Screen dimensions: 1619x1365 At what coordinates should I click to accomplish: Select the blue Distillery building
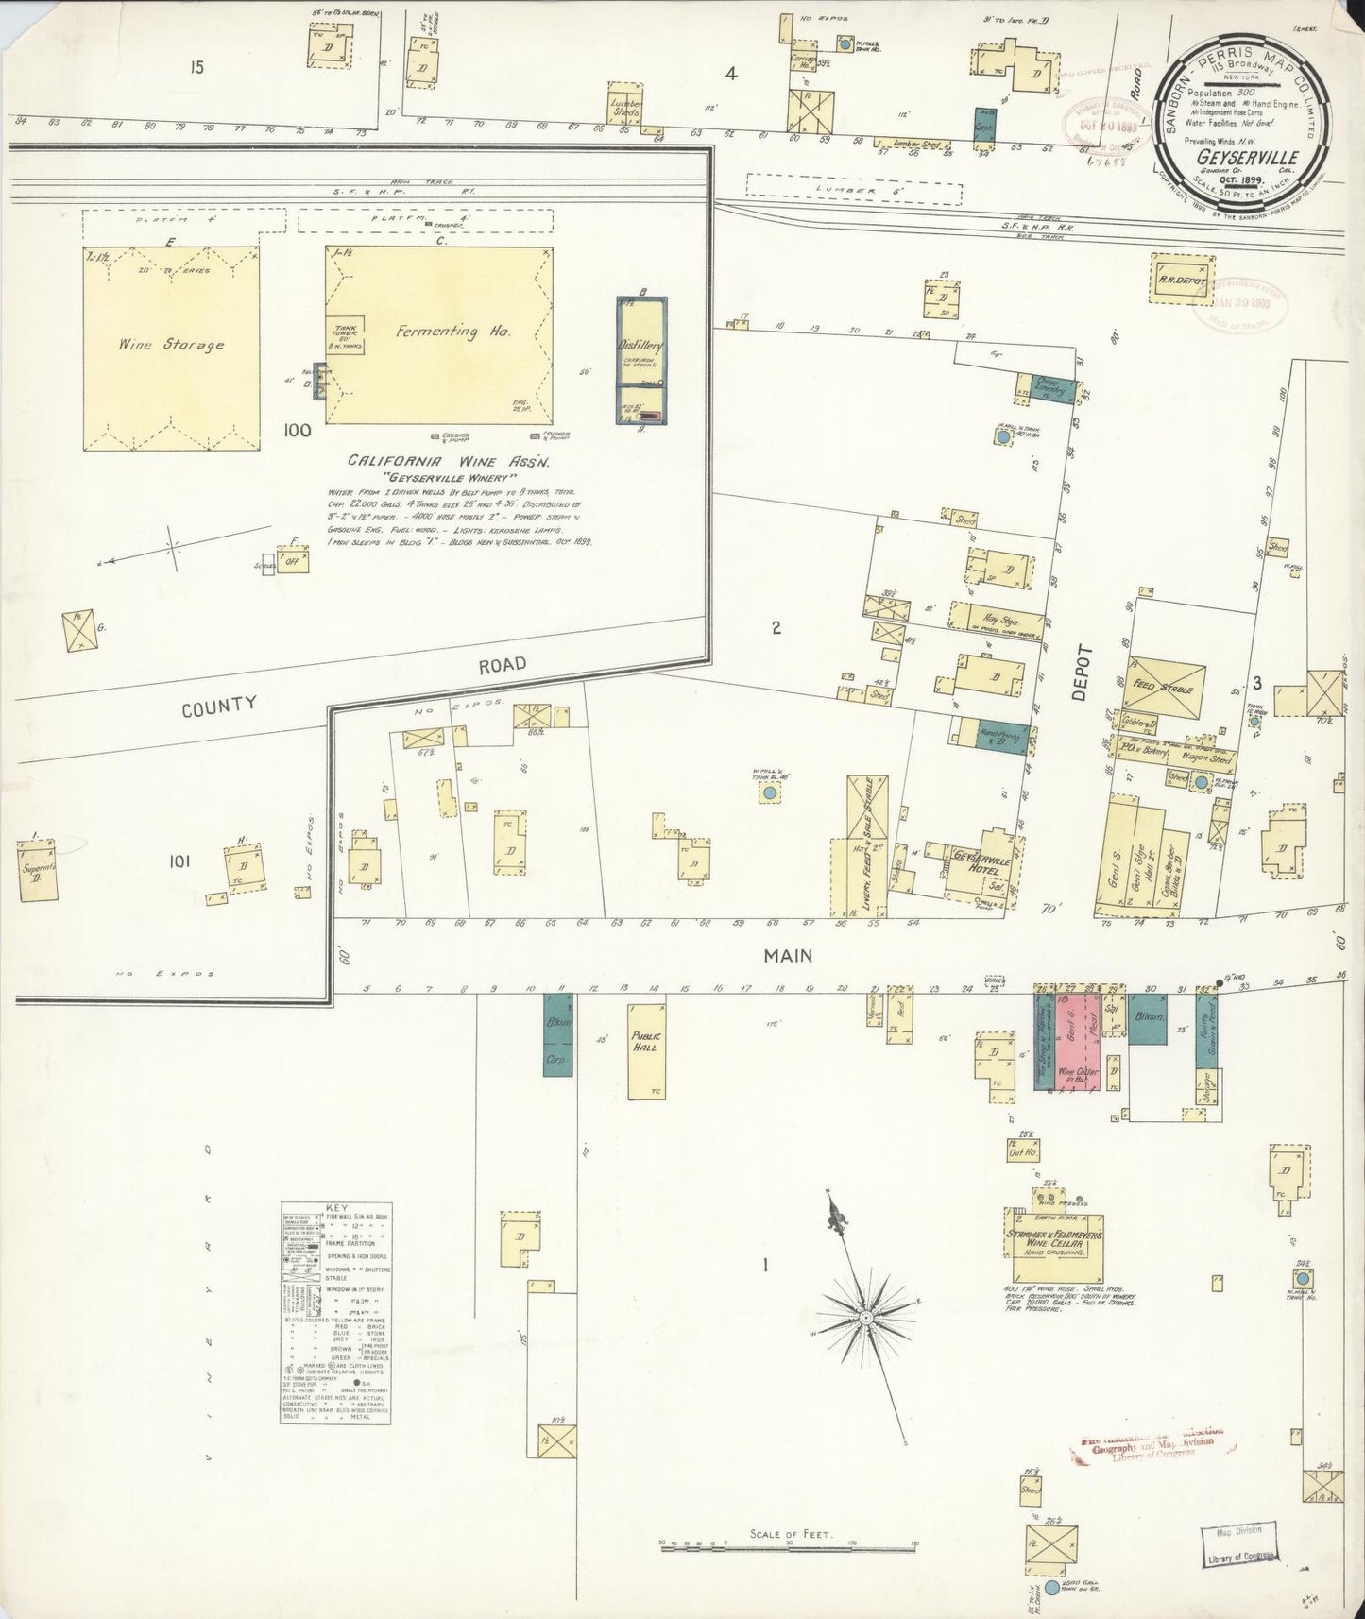pos(640,359)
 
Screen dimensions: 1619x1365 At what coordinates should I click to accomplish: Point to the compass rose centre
pos(864,1316)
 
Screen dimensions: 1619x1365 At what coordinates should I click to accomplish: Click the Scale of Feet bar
pos(788,1545)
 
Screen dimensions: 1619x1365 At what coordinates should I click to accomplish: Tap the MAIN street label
pos(788,955)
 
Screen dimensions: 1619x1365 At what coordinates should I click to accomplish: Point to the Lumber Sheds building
pos(624,107)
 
